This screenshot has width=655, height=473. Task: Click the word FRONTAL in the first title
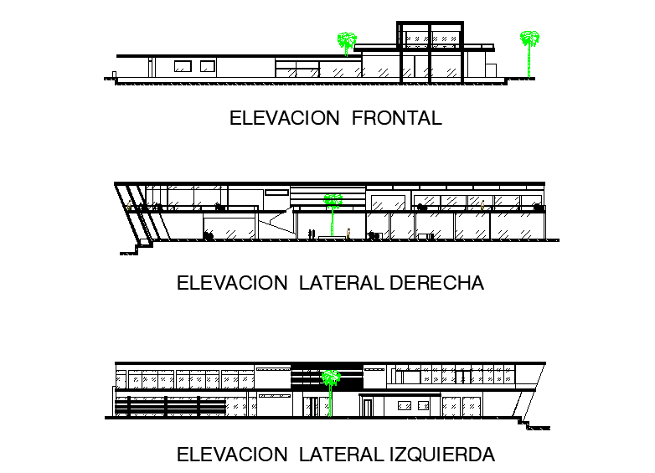point(397,118)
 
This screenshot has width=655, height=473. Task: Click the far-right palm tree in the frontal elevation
point(529,50)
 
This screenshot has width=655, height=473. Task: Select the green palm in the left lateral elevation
point(332,387)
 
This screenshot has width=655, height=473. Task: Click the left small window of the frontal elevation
point(182,65)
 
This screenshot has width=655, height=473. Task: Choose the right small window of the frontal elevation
point(206,65)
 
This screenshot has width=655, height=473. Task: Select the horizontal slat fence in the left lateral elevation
point(168,406)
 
